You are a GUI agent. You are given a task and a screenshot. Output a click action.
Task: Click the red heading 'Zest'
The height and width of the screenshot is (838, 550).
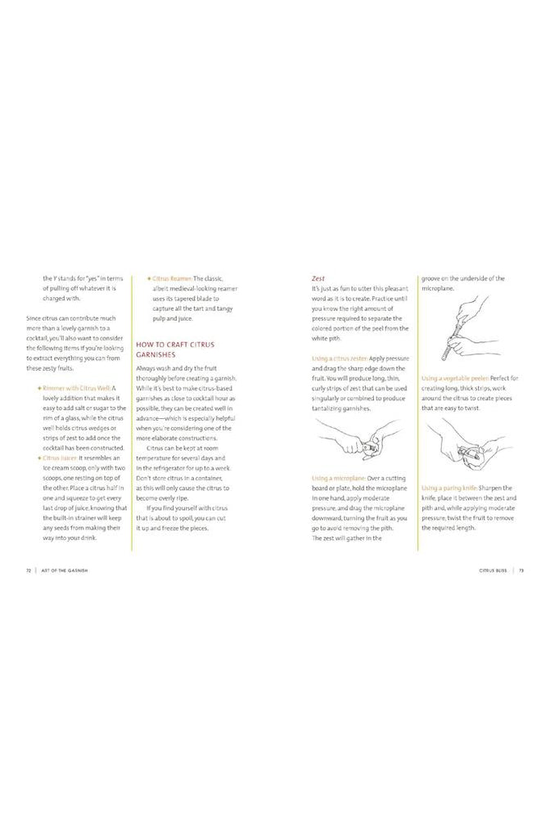click(x=318, y=277)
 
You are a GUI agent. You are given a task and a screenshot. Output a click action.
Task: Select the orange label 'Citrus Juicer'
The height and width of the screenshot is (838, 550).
click(x=60, y=458)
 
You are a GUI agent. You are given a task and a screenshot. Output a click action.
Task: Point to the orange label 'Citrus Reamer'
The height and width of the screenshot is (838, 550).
click(x=172, y=278)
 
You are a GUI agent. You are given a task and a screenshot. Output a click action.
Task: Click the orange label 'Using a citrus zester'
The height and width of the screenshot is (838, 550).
click(x=340, y=359)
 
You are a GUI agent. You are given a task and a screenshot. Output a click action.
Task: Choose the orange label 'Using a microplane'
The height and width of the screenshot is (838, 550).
click(x=337, y=477)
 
